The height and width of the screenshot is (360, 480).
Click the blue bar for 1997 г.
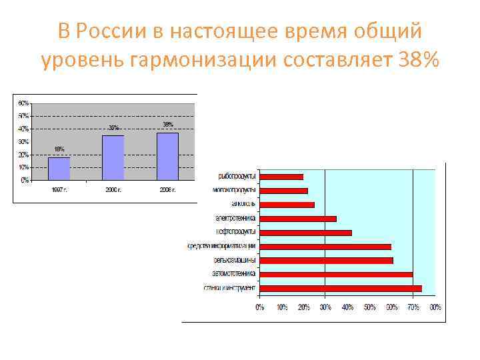[59, 168]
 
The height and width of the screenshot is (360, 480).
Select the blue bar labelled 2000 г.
[113, 157]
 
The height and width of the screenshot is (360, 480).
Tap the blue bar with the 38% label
[167, 156]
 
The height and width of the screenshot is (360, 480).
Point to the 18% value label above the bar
[59, 149]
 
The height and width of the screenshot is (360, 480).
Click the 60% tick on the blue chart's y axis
[23, 103]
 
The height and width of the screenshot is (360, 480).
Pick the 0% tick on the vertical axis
[25, 180]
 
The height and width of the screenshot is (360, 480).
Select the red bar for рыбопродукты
[281, 177]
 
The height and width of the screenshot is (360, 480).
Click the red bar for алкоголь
[286, 205]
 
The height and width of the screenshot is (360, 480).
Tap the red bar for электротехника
[297, 219]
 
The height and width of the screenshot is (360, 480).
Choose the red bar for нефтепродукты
[305, 233]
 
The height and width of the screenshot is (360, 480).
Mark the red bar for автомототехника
[335, 274]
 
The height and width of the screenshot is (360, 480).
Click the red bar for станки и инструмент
[340, 288]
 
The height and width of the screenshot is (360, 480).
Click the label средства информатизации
[222, 247]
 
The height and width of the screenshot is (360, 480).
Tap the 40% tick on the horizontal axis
[347, 307]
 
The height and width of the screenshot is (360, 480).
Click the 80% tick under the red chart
[435, 307]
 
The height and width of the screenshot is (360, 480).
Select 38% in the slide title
[417, 61]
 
